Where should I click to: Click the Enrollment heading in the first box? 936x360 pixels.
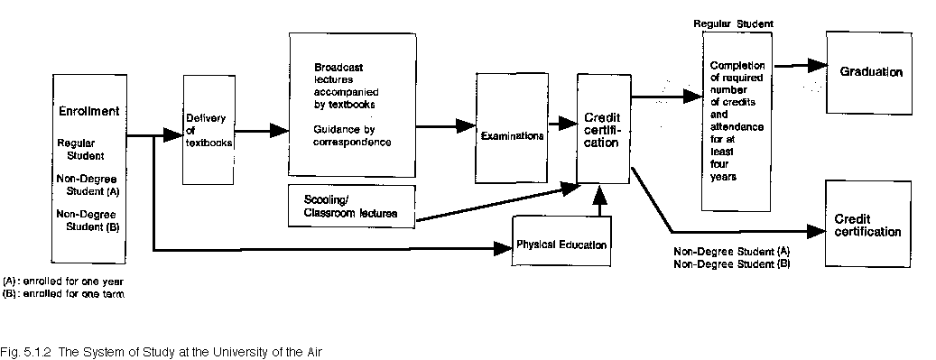(89, 111)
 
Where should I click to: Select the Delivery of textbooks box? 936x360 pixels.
(209, 130)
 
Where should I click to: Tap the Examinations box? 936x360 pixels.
(512, 128)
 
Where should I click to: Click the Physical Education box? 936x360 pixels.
(561, 241)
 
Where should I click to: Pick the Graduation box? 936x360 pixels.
(868, 72)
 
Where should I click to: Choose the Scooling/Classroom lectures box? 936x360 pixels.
(352, 206)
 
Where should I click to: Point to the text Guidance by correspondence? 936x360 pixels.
(352, 135)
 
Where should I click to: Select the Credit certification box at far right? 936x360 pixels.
(868, 223)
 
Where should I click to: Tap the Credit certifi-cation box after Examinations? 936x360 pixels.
(604, 128)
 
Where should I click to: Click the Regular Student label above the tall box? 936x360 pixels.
(733, 23)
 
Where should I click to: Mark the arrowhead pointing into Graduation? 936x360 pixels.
(817, 65)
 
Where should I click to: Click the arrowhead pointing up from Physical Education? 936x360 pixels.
(599, 194)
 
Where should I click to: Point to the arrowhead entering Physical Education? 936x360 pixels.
(504, 248)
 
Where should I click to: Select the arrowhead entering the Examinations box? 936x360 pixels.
(467, 126)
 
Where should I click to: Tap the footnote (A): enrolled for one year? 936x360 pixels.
(62, 282)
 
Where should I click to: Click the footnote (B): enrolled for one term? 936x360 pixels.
(62, 293)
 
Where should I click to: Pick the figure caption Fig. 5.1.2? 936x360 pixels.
(25, 352)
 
